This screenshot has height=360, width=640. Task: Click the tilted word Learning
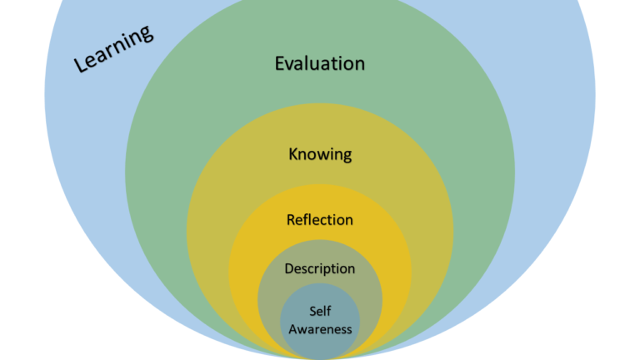point(114,48)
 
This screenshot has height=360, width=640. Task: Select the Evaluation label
point(320,63)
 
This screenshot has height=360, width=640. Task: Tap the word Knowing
point(320,154)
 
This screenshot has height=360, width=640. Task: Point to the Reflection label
point(320,220)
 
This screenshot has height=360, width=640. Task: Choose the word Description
point(320,268)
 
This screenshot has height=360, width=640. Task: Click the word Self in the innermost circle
point(320,312)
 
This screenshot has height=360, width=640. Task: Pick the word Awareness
point(320,328)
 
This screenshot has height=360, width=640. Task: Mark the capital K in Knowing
point(293,154)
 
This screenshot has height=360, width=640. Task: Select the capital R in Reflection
point(291,220)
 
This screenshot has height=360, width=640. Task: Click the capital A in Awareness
point(292,328)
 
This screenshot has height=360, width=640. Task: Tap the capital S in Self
point(312,312)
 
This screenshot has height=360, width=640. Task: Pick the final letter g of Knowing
point(347,156)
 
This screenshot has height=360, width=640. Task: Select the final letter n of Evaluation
point(359,63)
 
